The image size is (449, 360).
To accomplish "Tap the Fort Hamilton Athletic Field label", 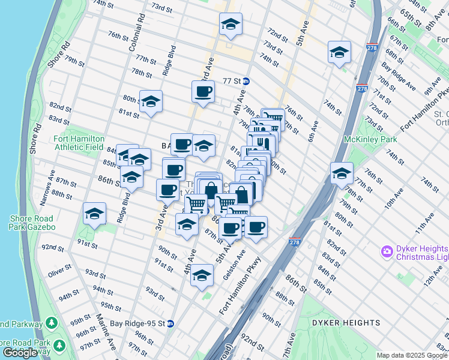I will (x=79, y=142).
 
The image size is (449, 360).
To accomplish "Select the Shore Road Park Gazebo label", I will (x=31, y=223).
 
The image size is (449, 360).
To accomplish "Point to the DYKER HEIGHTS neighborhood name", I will (x=346, y=323).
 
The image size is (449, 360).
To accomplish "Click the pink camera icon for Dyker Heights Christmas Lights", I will (x=387, y=250).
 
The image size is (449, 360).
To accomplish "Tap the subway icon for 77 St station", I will (x=246, y=81).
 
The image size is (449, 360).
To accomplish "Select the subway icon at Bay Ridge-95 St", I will (x=170, y=323).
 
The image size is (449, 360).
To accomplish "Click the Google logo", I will (x=20, y=353).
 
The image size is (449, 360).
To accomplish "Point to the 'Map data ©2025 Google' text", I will (x=412, y=355).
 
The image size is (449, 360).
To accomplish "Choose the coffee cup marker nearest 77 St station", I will (x=203, y=92).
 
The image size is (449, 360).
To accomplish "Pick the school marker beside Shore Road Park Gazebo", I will (x=95, y=214).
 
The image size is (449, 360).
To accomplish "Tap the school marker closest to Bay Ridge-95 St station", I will (x=202, y=275).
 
